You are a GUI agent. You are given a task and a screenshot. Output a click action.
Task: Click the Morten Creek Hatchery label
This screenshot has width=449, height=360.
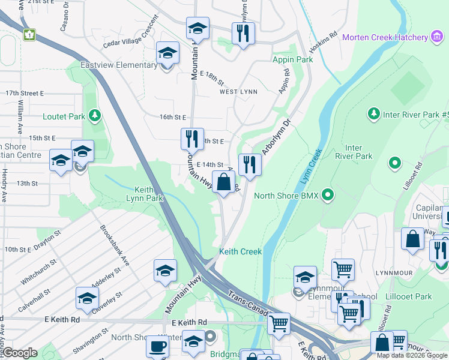tap(385, 37)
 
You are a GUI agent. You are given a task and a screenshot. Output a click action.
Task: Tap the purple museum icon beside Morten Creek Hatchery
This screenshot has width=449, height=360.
tap(437, 37)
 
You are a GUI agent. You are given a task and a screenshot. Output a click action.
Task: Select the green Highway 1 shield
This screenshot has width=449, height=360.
tap(29, 35)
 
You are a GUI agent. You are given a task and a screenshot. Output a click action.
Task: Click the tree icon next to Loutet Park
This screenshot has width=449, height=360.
tap(94, 115)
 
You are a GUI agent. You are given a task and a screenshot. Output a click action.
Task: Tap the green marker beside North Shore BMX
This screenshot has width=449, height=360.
tap(328, 194)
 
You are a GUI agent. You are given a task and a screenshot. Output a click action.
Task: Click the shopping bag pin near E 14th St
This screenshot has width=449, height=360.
tap(224, 182)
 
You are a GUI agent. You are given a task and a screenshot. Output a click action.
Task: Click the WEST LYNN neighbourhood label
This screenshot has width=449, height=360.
tap(238, 92)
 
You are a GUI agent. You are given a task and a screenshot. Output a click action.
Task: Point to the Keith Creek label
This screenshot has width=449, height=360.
tap(240, 251)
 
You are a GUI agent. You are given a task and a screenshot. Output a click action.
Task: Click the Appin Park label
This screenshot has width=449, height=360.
tap(292, 60)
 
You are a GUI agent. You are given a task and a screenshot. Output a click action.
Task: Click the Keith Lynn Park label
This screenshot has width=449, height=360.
tap(145, 193)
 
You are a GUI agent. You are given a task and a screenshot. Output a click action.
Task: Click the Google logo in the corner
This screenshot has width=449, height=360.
tap(19, 353)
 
